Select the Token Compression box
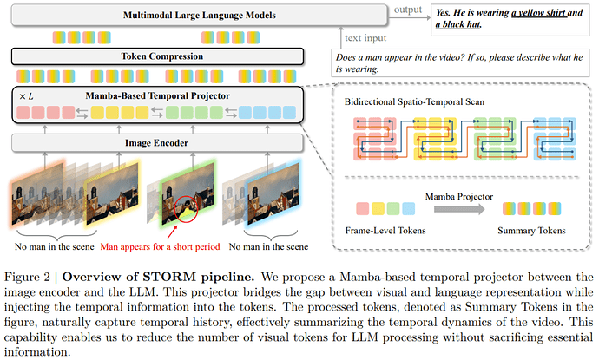click(x=157, y=57)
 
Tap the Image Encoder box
click(x=157, y=143)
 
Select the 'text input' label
click(x=366, y=38)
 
